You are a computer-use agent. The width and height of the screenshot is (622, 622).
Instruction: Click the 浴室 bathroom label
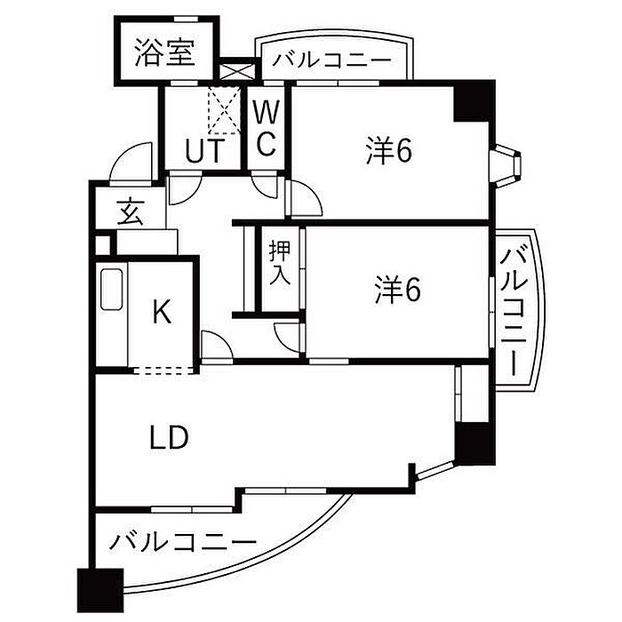click(x=164, y=52)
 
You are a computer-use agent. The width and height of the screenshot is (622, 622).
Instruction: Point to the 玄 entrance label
click(x=131, y=212)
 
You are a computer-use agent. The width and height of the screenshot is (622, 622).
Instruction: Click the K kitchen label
click(x=163, y=312)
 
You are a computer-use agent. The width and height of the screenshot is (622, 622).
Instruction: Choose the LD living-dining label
click(x=169, y=437)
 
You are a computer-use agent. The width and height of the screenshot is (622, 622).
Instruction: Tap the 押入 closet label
click(x=280, y=263)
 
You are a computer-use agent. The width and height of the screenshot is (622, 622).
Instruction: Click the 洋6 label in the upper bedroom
click(x=389, y=150)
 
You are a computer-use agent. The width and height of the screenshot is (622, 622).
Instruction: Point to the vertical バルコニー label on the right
click(x=514, y=311)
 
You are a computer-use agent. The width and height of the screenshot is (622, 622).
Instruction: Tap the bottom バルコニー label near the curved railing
click(x=183, y=542)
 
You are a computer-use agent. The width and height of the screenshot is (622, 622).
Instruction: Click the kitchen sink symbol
click(x=111, y=290)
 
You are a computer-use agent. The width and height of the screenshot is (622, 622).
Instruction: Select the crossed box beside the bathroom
click(x=236, y=72)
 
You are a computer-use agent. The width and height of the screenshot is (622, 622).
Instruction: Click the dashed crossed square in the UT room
click(x=224, y=110)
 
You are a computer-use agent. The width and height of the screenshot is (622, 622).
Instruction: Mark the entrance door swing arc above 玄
click(x=129, y=161)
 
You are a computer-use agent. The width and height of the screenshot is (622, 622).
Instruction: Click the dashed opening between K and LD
click(x=165, y=371)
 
